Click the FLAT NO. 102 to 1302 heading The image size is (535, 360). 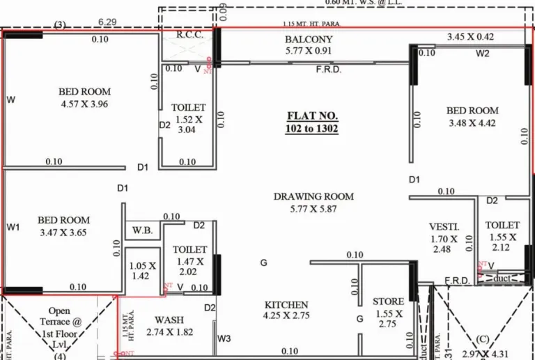pos(312,122)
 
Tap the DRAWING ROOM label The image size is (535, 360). pos(313,197)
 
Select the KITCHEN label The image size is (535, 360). pos(286,305)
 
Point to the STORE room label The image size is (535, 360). pos(388,302)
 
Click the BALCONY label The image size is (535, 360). pos(309,40)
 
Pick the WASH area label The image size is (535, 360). pos(169,320)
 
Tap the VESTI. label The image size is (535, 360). pos(444,227)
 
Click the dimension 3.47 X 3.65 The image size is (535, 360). pos(63,233)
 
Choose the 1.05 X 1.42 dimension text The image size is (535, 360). pos(143,270)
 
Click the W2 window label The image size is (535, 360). pos(483,53)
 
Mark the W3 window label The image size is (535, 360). pos(224,339)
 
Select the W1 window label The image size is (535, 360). pos(13,227)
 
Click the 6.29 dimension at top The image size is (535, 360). pos(106,23)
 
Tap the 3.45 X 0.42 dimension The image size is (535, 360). pos(470,36)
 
